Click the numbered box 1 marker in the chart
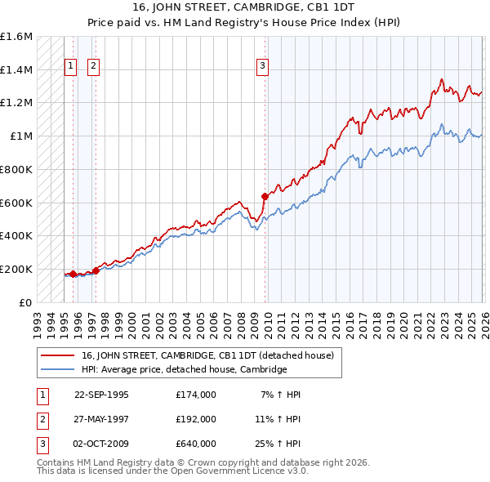point(70,67)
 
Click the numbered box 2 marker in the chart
point(93,67)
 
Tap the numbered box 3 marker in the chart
point(262,67)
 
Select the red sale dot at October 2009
point(265,196)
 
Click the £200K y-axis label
point(16,269)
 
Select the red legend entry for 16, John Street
point(207,355)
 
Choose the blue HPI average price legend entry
point(184,369)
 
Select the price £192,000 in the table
point(195,419)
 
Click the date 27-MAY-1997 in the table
point(101,419)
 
